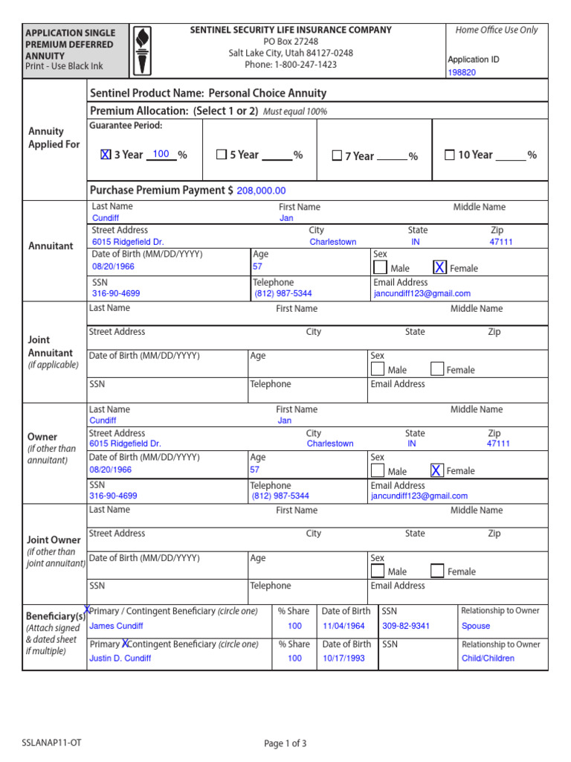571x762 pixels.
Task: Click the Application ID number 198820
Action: coord(462,73)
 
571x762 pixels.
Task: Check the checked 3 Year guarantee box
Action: coord(106,155)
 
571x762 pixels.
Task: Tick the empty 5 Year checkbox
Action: coord(221,155)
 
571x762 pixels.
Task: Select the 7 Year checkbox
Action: coord(337,156)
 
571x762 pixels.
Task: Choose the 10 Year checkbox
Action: coord(449,155)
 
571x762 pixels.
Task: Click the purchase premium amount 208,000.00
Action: coord(261,191)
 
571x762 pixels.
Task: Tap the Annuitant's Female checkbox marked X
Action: coord(440,268)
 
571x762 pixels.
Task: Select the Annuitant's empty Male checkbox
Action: coord(380,268)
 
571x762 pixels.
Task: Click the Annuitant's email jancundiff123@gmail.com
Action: coord(422,294)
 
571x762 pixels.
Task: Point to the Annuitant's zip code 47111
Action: coord(500,243)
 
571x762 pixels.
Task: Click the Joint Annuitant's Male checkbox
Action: coord(378,369)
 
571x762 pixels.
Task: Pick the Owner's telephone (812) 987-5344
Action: coord(280,496)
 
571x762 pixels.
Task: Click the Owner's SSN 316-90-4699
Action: coord(113,496)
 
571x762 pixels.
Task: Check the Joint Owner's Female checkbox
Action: coord(437,571)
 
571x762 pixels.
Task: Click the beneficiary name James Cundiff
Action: coord(116,627)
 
